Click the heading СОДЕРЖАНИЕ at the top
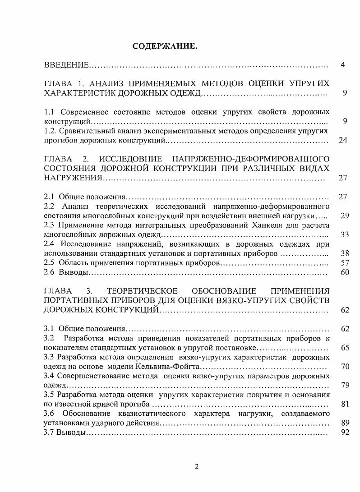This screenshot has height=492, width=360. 165,46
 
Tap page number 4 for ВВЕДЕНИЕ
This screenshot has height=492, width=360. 343,65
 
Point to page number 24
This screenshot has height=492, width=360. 343,140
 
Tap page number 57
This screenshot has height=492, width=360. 344,262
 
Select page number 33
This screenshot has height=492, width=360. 344,235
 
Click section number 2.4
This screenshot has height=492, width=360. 49,244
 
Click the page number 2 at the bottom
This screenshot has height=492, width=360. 196,467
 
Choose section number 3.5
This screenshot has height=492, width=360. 49,394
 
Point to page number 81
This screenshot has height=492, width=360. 344,404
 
